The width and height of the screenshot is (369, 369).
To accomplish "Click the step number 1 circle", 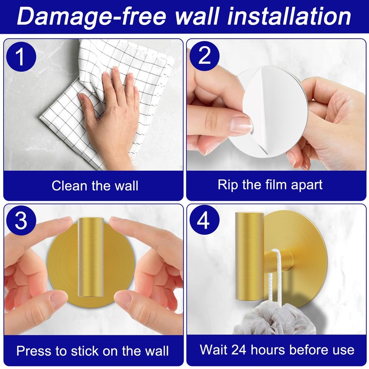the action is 21,57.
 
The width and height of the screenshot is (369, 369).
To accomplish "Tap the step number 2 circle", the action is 204,56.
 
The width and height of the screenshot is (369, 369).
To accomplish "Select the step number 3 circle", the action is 21,220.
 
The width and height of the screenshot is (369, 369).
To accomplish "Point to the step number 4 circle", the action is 204,220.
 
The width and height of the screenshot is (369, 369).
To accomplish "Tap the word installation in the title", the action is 289,16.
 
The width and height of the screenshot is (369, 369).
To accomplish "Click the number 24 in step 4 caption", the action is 239,350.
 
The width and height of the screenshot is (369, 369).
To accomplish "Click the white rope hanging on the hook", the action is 275,278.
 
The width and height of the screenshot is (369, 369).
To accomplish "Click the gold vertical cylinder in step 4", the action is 250,256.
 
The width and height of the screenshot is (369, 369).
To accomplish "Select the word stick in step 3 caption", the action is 85,351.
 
